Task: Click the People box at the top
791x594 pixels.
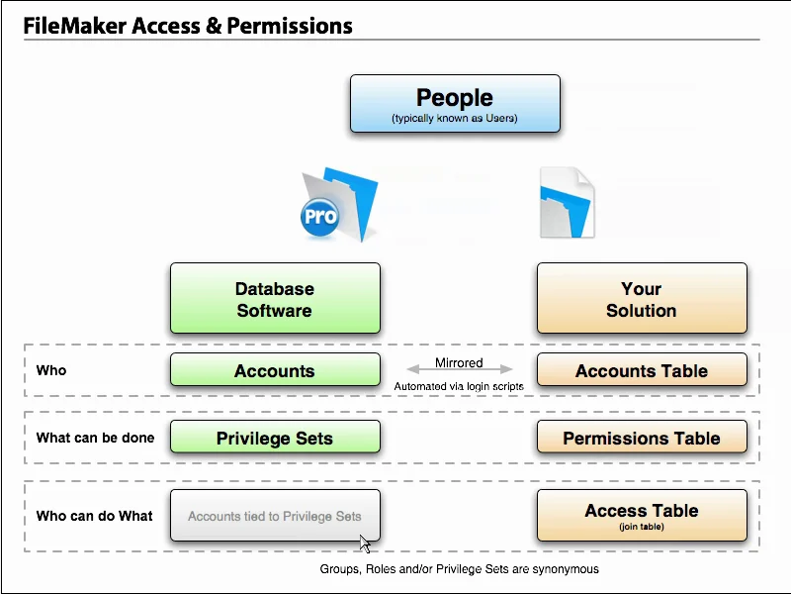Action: (x=455, y=104)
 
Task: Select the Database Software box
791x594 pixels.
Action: (x=275, y=298)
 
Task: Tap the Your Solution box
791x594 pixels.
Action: (x=642, y=298)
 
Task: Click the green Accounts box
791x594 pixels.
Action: (x=275, y=370)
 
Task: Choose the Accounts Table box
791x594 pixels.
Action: (x=642, y=370)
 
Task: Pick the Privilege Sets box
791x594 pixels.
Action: (x=275, y=438)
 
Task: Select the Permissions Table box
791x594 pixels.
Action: (x=642, y=438)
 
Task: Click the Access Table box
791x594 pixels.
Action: (x=642, y=515)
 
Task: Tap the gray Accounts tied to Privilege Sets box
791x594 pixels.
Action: (x=275, y=516)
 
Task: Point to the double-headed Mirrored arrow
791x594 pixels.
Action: (x=460, y=370)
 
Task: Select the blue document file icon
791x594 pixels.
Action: (x=567, y=203)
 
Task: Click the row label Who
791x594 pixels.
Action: (x=51, y=370)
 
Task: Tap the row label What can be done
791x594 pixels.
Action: (x=95, y=438)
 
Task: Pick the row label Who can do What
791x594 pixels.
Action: (x=94, y=516)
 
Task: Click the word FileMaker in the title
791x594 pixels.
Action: (x=73, y=26)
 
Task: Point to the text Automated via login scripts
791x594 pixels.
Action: (x=459, y=386)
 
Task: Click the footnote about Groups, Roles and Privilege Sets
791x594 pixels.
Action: (x=459, y=569)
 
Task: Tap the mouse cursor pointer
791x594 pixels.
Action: (x=365, y=544)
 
